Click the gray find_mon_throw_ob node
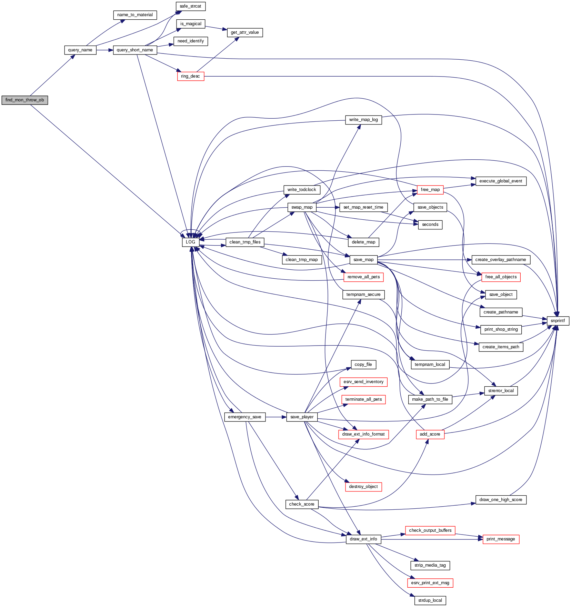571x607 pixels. pyautogui.click(x=24, y=100)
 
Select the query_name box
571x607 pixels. pyautogui.click(x=80, y=50)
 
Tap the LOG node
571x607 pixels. pyautogui.click(x=190, y=242)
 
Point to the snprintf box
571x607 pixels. pyautogui.click(x=558, y=321)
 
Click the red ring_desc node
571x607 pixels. pyautogui.click(x=190, y=76)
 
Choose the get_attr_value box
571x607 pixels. pyautogui.click(x=244, y=32)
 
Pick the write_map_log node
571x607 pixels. pyautogui.click(x=363, y=120)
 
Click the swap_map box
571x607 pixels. pyautogui.click(x=302, y=207)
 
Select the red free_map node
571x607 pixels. pyautogui.click(x=430, y=190)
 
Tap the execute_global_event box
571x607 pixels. pyautogui.click(x=501, y=181)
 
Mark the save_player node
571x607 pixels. pyautogui.click(x=302, y=417)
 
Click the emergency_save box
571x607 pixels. pyautogui.click(x=244, y=417)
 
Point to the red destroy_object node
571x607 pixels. pyautogui.click(x=363, y=487)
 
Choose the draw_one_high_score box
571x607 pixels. pyautogui.click(x=501, y=500)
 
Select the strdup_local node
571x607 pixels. pyautogui.click(x=430, y=600)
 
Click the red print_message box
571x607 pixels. pyautogui.click(x=501, y=539)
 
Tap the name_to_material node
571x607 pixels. pyautogui.click(x=135, y=15)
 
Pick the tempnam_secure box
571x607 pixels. pyautogui.click(x=363, y=295)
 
